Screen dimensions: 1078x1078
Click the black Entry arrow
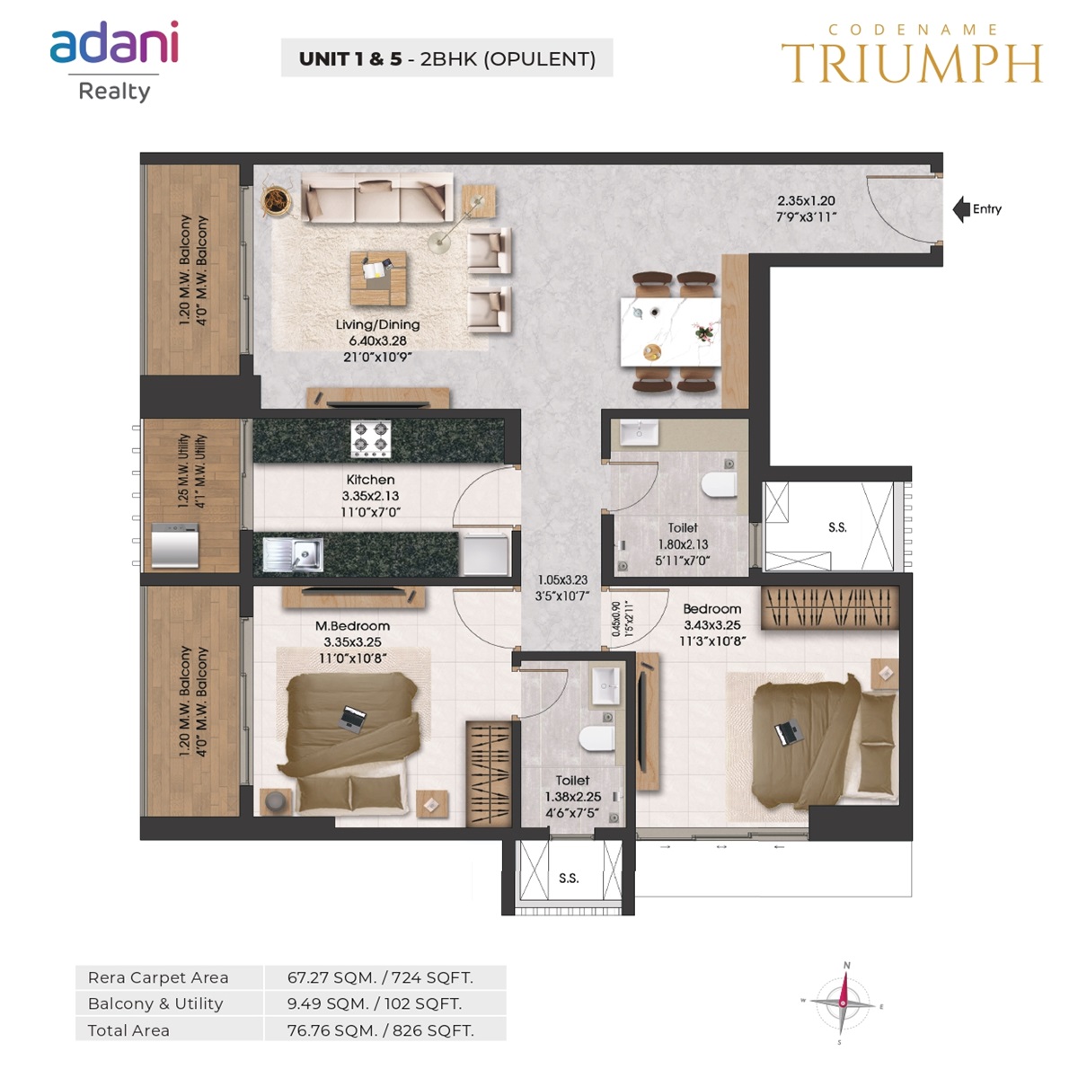tap(960, 209)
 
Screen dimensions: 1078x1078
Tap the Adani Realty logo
tap(115, 62)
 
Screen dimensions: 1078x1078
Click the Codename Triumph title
tap(911, 54)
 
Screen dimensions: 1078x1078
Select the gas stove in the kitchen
tap(370, 438)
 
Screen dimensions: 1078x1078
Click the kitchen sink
tap(293, 554)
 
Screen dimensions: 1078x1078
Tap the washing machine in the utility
tap(174, 545)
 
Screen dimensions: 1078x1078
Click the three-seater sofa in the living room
tap(376, 197)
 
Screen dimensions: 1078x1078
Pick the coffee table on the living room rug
tap(378, 278)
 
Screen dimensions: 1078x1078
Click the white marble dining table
tap(670, 331)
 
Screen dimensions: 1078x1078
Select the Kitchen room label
tap(370, 480)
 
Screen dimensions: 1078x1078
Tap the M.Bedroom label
tap(352, 626)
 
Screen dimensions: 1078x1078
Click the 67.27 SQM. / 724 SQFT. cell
tap(380, 977)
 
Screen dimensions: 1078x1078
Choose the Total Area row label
tap(128, 1030)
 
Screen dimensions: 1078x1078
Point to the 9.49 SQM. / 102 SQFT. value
tap(375, 1003)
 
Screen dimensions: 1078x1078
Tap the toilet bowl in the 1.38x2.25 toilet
tap(596, 738)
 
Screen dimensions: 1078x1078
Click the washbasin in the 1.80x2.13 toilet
tap(640, 433)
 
